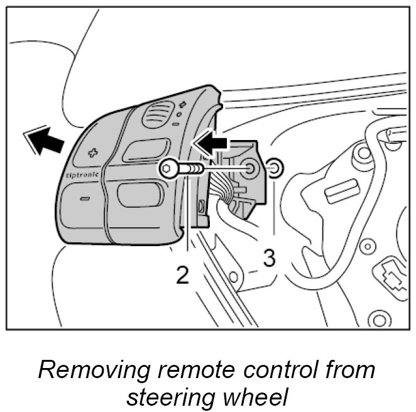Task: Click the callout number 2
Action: pos(182,274)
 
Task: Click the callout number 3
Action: pos(268,258)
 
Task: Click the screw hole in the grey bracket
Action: pos(250,168)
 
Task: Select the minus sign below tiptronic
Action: pos(84,199)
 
